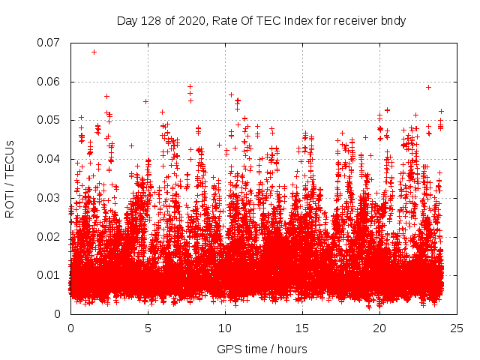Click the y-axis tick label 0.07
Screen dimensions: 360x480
[x=49, y=43]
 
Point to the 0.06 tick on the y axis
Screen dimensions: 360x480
[x=49, y=82]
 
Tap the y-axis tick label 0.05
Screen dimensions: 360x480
[x=49, y=120]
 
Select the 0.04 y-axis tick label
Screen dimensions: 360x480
[x=49, y=159]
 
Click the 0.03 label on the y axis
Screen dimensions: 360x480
[x=49, y=198]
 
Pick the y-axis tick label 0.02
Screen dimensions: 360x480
[x=49, y=237]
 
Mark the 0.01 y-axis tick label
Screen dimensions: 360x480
[x=49, y=275]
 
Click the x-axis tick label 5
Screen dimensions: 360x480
[x=148, y=328]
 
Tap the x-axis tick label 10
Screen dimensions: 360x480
[x=225, y=328]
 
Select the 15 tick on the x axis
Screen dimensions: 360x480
[x=302, y=328]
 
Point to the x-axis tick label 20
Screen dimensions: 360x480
[x=379, y=328]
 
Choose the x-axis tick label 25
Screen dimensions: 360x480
[x=457, y=328]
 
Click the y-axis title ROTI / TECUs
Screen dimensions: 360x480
[x=10, y=178]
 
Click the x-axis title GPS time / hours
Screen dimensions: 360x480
[x=262, y=349]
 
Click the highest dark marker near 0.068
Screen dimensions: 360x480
[x=94, y=52]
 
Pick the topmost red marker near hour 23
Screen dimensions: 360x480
[x=428, y=87]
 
